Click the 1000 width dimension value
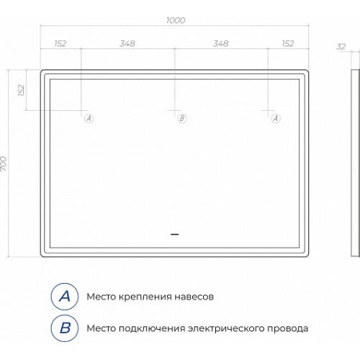pos(176,20)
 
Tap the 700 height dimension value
pos(4,163)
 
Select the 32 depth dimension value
pos(341,47)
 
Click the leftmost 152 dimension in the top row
pos(60,44)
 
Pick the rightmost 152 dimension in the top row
pos(288,44)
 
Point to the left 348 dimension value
pos(127,44)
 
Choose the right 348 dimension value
pos(221,44)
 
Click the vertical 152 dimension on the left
pos(22,90)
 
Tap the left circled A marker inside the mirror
pos(89,118)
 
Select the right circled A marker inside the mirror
pos(276,118)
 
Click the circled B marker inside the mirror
pos(182,118)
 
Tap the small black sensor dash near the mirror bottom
pos(174,234)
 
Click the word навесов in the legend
pos(194,297)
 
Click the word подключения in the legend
pos(152,329)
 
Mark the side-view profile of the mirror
pos(356,163)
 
